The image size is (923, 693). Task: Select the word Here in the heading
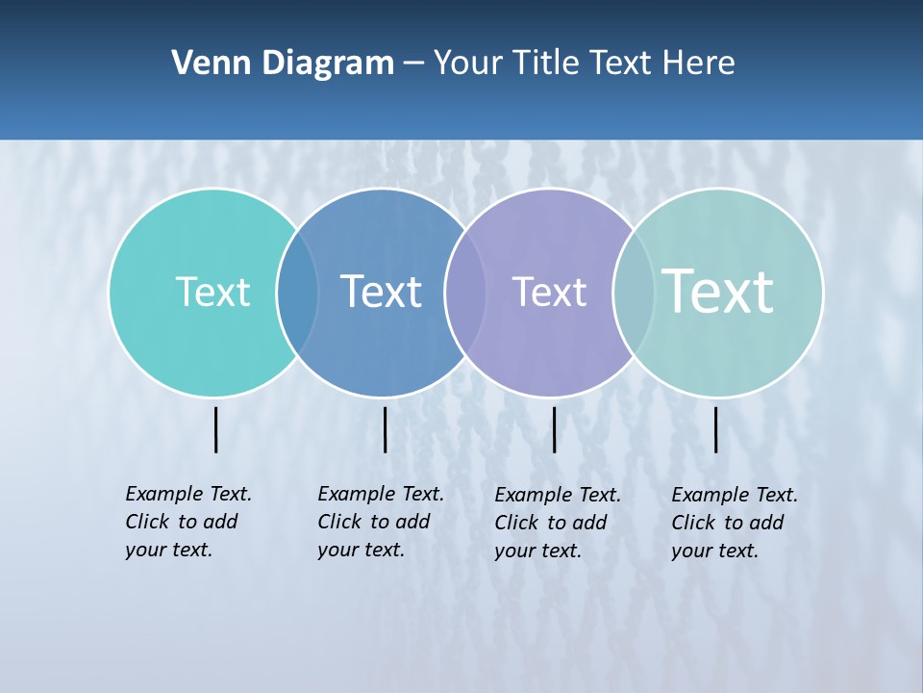(x=699, y=64)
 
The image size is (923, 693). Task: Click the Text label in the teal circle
(x=212, y=292)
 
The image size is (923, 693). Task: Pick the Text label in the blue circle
(x=382, y=292)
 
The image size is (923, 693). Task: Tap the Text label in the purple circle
(x=549, y=292)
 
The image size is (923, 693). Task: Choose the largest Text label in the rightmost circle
(x=718, y=292)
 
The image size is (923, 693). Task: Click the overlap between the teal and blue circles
(x=297, y=293)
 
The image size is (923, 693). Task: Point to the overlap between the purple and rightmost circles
(x=634, y=293)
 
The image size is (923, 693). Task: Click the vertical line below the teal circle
(x=215, y=429)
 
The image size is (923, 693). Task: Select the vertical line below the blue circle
(x=385, y=429)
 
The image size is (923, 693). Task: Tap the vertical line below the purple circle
(x=554, y=429)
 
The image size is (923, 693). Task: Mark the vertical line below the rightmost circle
(x=715, y=429)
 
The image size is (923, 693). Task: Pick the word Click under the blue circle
(x=338, y=522)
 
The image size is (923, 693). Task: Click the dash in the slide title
(x=413, y=64)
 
